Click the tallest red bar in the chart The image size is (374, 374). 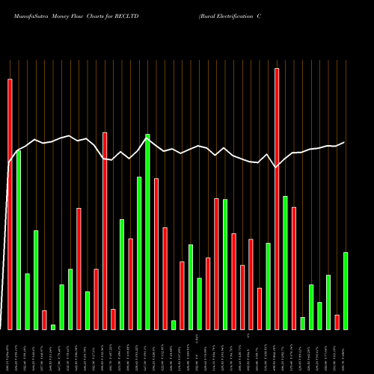277,198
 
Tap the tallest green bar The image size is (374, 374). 147,231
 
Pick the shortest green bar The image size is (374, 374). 53,327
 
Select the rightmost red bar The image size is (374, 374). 337,322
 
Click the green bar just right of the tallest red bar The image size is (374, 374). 285,263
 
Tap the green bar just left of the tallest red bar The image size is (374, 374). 268,286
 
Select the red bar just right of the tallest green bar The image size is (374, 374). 156,254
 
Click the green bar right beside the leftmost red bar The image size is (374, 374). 19,239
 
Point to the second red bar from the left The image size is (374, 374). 44,319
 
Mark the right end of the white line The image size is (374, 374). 345,142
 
